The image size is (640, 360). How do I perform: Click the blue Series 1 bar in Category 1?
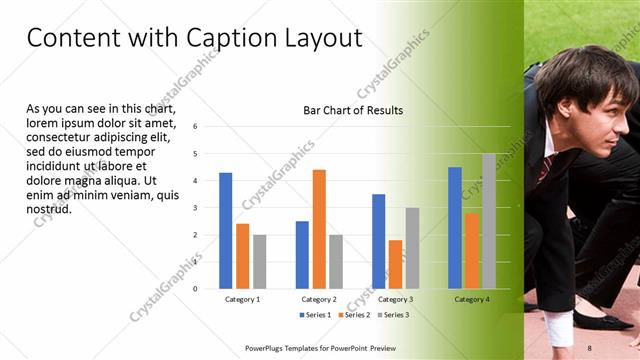226,231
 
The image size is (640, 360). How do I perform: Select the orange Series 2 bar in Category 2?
319,229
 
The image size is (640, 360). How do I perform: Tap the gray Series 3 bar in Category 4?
489,221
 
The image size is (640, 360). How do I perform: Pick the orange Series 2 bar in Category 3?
395,264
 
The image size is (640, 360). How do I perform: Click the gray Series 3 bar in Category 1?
260,262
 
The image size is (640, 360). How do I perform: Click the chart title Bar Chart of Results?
353,110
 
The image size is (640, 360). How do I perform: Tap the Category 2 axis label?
318,299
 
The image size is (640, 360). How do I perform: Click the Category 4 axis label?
471,299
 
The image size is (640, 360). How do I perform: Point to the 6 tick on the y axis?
195,126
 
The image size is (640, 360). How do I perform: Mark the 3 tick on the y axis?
195,208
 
